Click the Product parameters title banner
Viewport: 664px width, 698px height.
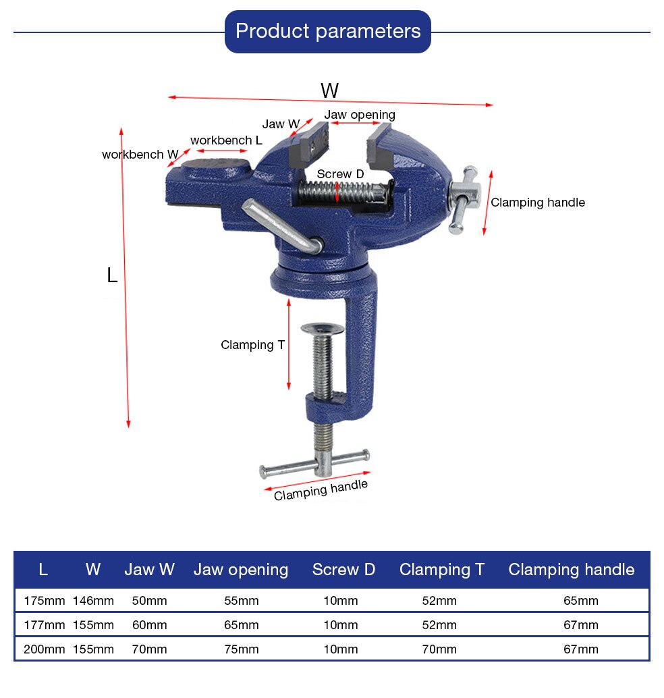[x=327, y=31]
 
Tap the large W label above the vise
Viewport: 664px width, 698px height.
[x=329, y=90]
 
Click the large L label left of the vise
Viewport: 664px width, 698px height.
[x=112, y=275]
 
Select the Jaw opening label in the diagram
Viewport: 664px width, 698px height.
[x=360, y=115]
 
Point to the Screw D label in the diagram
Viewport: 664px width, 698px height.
[x=340, y=174]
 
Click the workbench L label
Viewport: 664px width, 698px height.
[x=226, y=140]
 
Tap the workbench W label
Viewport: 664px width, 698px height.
[x=140, y=155]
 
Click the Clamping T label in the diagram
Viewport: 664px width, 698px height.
[x=252, y=345]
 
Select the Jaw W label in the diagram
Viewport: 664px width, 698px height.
[x=281, y=124]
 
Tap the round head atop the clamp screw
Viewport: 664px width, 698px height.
[x=322, y=329]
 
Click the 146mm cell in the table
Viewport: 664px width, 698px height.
[x=93, y=601]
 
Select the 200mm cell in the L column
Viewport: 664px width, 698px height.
[x=44, y=649]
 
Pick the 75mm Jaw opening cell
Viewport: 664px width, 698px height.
[x=241, y=649]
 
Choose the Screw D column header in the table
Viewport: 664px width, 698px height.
[x=343, y=570]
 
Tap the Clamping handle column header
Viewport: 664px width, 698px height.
[x=571, y=570]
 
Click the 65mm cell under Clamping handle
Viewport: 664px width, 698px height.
[x=580, y=601]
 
